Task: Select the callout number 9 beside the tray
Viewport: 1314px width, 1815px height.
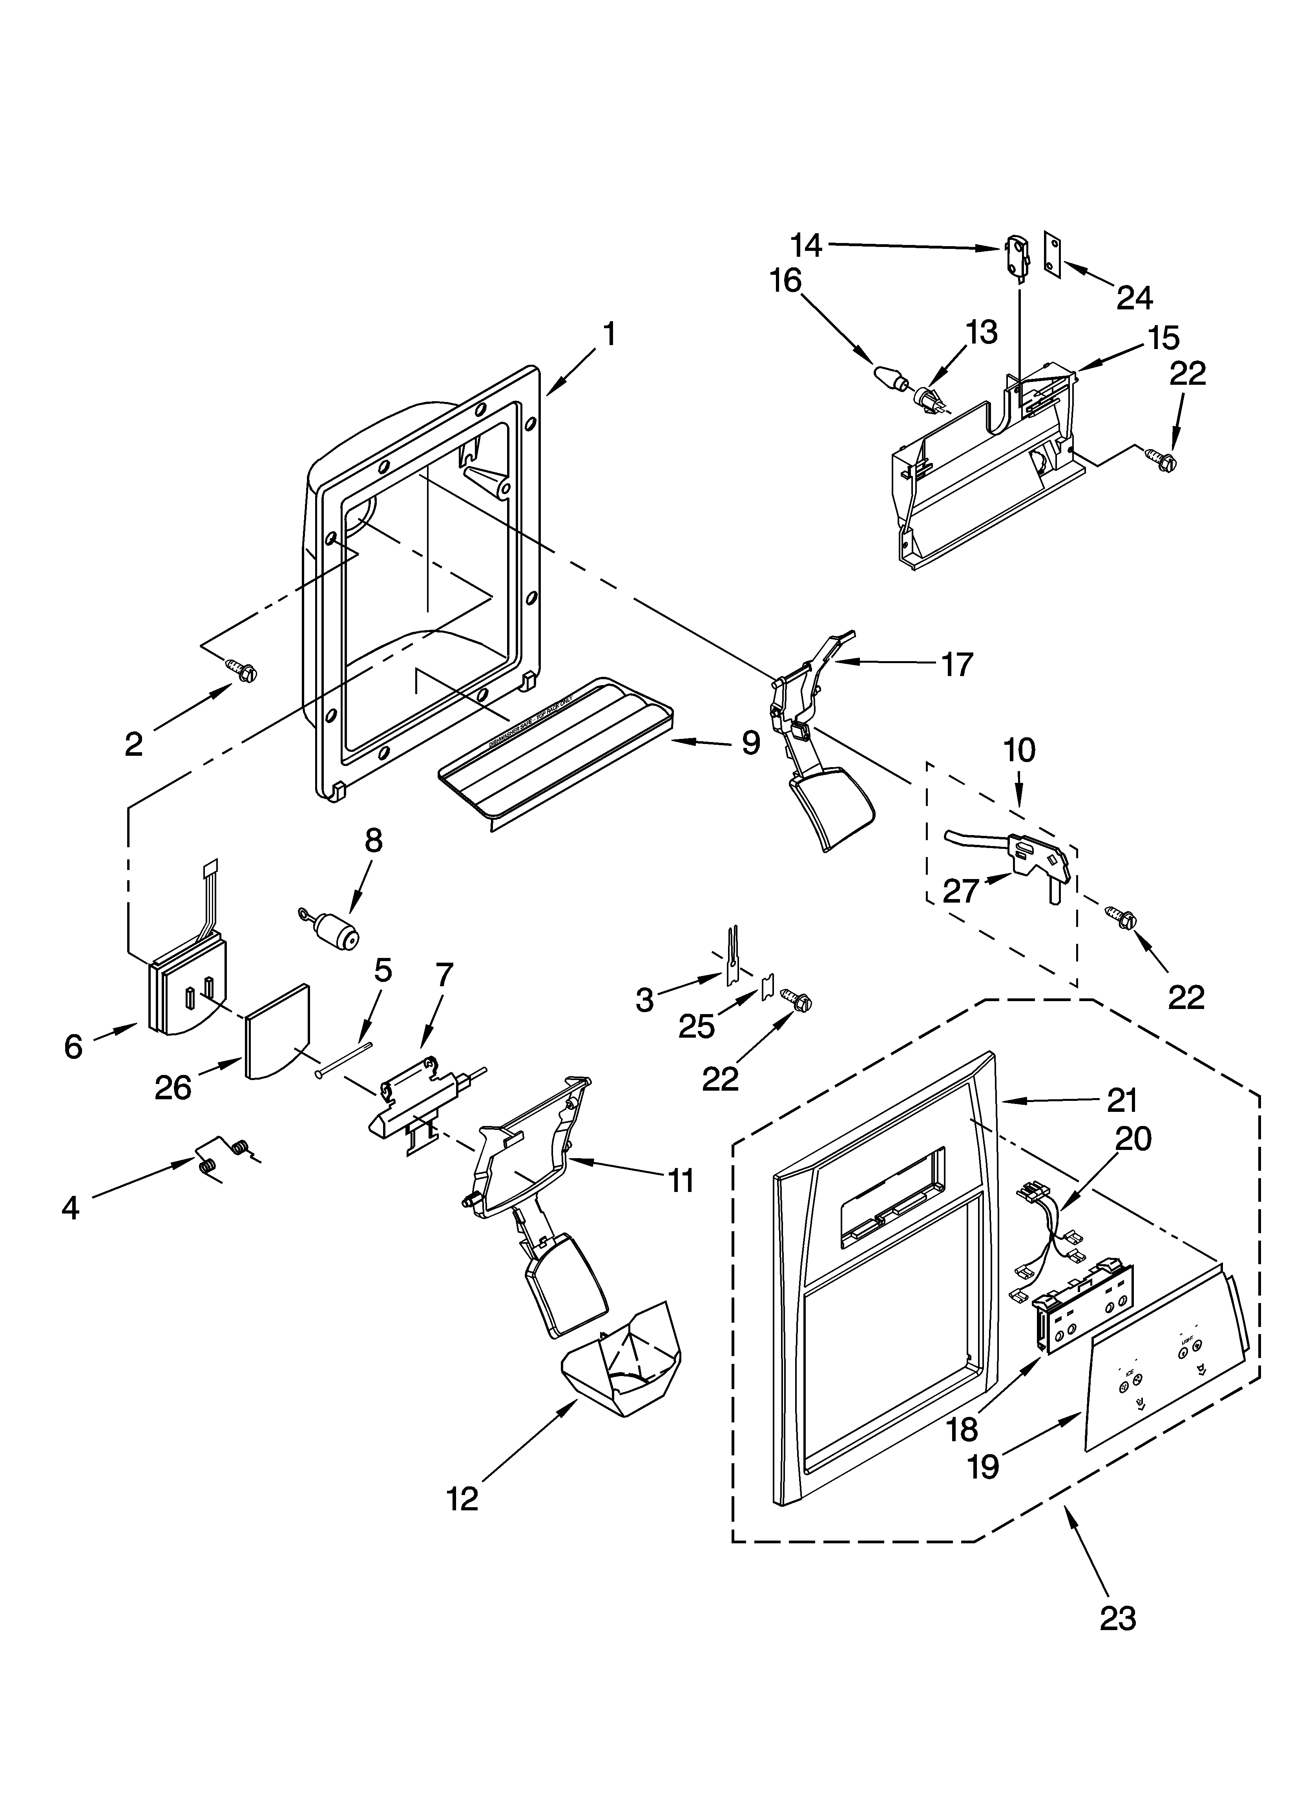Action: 750,743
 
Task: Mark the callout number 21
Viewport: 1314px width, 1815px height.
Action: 1122,1101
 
